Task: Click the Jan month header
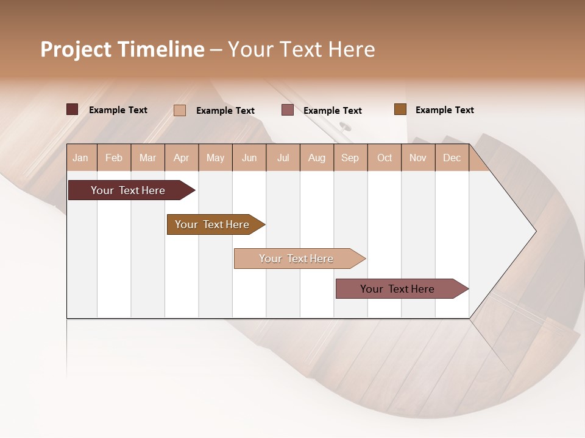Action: click(x=80, y=158)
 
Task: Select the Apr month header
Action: click(x=181, y=158)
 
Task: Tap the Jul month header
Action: click(x=283, y=158)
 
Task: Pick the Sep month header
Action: click(x=350, y=158)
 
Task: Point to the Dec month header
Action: click(x=452, y=158)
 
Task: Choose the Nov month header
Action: click(x=417, y=158)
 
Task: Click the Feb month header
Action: click(x=114, y=158)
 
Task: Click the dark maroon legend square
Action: click(x=72, y=109)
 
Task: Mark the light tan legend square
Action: click(x=180, y=110)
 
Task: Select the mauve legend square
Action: click(x=288, y=110)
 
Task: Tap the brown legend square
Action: click(x=400, y=109)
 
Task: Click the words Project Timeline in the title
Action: click(x=122, y=49)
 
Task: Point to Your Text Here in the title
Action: click(x=301, y=49)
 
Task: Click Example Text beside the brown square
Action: click(x=444, y=110)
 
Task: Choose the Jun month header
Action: click(x=249, y=158)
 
